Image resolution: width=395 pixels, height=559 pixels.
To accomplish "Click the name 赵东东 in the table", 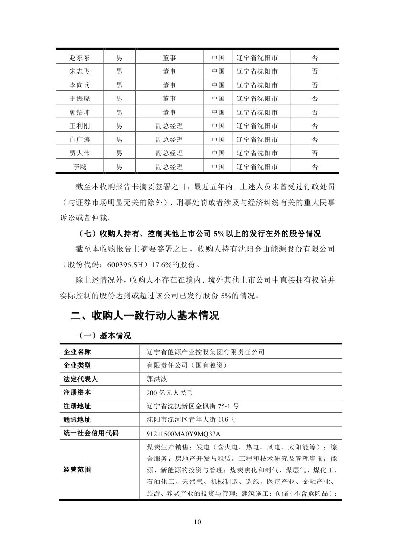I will (x=79, y=58).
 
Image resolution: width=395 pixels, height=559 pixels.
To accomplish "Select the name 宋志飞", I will (x=79, y=71).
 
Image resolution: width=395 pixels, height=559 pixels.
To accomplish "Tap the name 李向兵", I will (x=79, y=85).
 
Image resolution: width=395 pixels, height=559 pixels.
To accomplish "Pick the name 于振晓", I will (x=79, y=99).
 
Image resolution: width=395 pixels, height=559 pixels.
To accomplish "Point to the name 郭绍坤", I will (x=79, y=112).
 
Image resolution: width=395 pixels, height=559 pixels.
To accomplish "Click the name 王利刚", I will (x=79, y=126).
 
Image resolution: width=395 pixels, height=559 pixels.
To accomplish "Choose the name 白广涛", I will (x=79, y=140).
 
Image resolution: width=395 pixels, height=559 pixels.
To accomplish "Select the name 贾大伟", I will (x=79, y=153).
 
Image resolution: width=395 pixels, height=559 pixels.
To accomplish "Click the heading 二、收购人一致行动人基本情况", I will (x=144, y=316).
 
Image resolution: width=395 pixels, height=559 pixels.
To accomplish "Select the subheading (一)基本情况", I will (x=102, y=335).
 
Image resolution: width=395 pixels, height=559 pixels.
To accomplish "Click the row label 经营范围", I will (x=77, y=470).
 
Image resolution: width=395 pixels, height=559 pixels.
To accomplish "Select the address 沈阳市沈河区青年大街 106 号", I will (x=191, y=419).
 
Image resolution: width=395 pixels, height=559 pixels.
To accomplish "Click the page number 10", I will (x=198, y=521).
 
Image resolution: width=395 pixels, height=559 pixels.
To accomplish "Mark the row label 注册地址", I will (x=77, y=406).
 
